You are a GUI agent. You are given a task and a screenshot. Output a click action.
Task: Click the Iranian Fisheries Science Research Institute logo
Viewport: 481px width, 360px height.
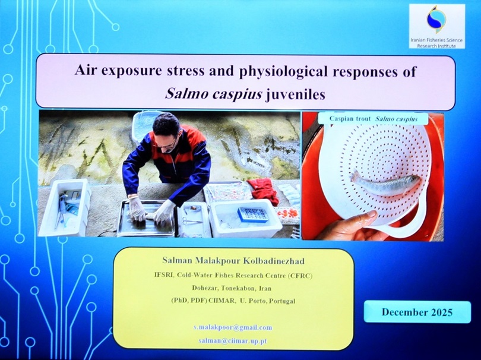(437, 26)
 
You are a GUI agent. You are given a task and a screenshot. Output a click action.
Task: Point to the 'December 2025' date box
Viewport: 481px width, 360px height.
(417, 312)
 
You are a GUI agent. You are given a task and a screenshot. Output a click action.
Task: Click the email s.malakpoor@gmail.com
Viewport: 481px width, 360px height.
(233, 327)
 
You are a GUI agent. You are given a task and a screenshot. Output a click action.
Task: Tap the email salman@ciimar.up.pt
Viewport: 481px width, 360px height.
(233, 340)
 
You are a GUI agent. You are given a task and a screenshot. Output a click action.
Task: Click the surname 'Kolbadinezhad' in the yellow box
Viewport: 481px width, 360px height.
(270, 261)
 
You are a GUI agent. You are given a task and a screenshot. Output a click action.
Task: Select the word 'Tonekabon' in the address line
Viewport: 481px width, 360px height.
(236, 289)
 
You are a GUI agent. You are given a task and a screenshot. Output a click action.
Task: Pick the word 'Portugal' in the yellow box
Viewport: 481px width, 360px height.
(281, 301)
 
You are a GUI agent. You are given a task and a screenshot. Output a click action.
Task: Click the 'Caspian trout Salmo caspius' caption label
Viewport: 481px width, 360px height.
(374, 119)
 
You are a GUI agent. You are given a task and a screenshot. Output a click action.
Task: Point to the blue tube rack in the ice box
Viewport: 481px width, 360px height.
(254, 214)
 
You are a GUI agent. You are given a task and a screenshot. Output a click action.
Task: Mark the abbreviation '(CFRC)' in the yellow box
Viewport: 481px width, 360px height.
(300, 275)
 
